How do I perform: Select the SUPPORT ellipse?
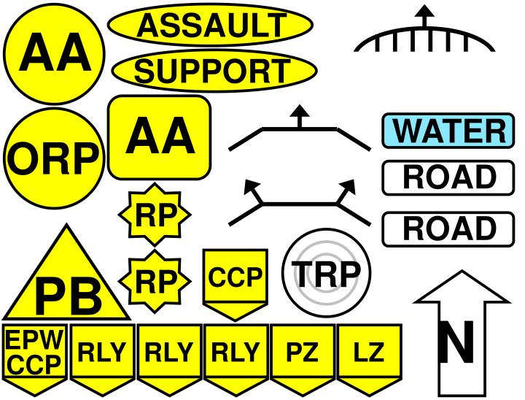pos(213,71)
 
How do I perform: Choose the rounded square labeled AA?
pos(160,136)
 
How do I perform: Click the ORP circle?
pos(51,155)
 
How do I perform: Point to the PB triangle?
pos(69,285)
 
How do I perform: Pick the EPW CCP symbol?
pos(34,354)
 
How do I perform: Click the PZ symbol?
pos(302,354)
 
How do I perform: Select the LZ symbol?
pos(368,354)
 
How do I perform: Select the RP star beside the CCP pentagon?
pos(154,279)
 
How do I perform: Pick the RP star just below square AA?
pos(154,215)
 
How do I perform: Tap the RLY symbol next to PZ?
pos(235,354)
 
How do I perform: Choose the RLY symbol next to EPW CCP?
pos(101,354)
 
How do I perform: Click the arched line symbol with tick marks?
pos(424,40)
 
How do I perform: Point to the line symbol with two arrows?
pos(299,204)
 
